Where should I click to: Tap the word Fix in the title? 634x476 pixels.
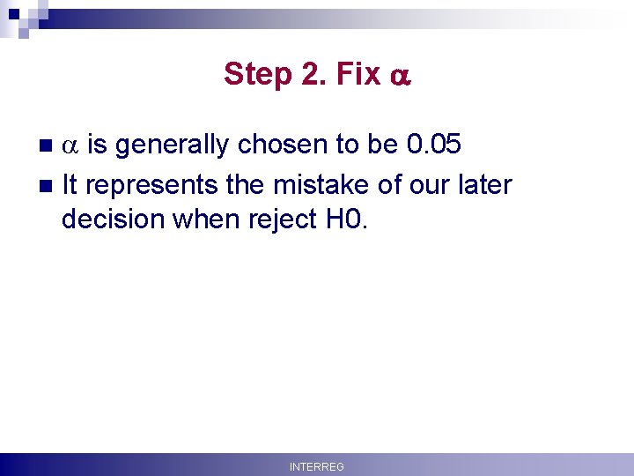coord(358,74)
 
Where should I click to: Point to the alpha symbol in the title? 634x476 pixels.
coord(399,77)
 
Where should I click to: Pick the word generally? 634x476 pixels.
coord(175,145)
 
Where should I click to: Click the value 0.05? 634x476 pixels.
coord(433,144)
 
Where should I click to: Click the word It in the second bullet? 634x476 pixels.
coord(70,184)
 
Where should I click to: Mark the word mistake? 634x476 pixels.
coord(318,184)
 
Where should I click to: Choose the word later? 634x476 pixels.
coord(482,184)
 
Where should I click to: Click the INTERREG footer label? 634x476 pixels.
coord(317,466)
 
